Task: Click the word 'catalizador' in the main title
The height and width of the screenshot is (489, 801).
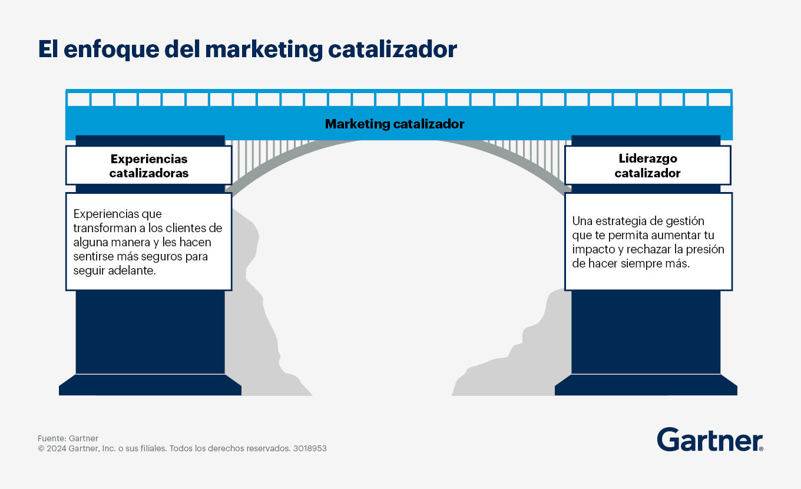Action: pos(392,49)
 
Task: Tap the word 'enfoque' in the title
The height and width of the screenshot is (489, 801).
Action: pos(111,49)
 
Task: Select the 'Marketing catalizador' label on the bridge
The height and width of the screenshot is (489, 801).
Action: pos(395,124)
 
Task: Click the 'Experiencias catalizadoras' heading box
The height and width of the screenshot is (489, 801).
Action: pos(149,166)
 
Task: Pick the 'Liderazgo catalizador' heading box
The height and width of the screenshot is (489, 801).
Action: pos(648,166)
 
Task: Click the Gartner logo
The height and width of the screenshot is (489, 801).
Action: pos(710,440)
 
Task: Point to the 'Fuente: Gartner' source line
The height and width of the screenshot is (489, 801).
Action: pos(68,438)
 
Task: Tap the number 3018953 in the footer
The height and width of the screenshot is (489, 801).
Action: pos(310,448)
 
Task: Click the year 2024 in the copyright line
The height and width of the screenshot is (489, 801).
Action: pos(56,448)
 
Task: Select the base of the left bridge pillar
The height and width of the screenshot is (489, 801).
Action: pos(150,385)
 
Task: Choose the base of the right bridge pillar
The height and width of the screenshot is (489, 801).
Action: pos(646,385)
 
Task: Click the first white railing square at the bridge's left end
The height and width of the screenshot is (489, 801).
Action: pos(78,99)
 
